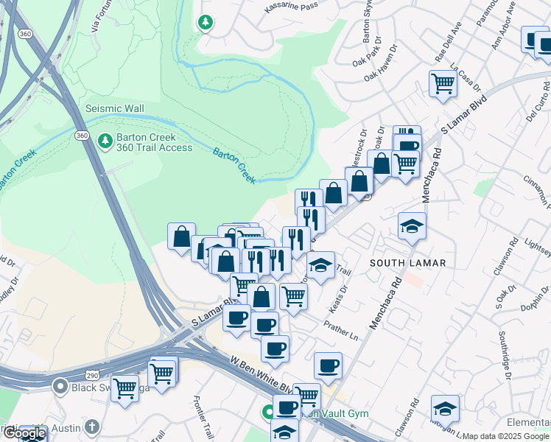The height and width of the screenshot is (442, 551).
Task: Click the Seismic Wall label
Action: click(x=114, y=108)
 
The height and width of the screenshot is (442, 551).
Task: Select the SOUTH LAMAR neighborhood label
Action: click(x=399, y=262)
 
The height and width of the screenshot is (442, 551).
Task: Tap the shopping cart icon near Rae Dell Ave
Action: click(x=442, y=83)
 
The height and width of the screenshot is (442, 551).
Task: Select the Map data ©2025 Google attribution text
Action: click(x=506, y=436)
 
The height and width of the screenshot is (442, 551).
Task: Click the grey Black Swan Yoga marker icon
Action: click(x=60, y=386)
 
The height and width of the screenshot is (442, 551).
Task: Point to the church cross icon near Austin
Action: click(x=92, y=427)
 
